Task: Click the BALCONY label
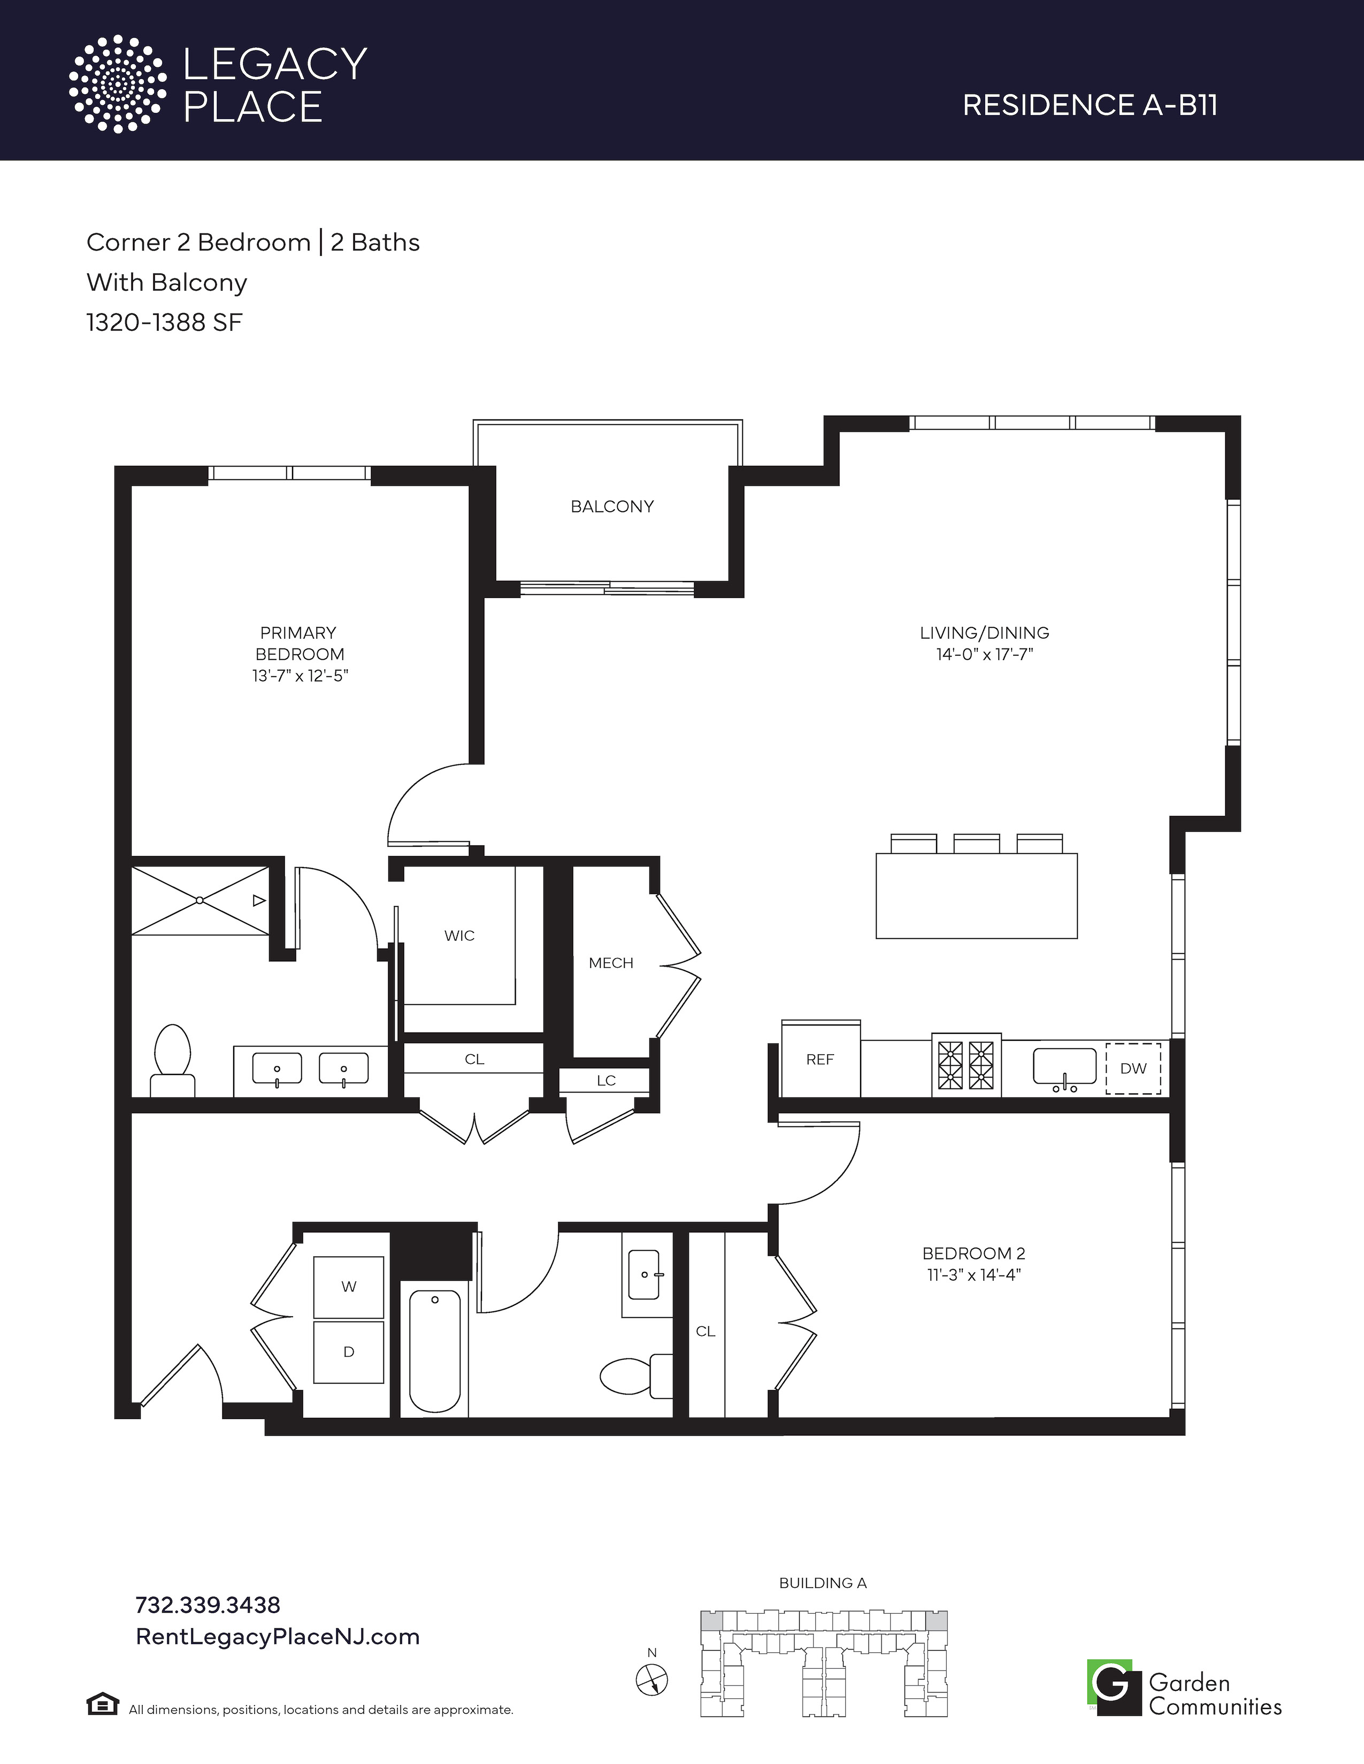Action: pyautogui.click(x=612, y=506)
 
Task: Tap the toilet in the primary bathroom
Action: pyautogui.click(x=172, y=1061)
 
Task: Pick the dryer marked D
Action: pyautogui.click(x=348, y=1352)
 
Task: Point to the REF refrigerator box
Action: pyautogui.click(x=820, y=1059)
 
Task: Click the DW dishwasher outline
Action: pyautogui.click(x=1133, y=1068)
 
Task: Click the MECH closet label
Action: pyautogui.click(x=611, y=963)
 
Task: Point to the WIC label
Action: pyautogui.click(x=459, y=935)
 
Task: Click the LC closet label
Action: pyautogui.click(x=606, y=1081)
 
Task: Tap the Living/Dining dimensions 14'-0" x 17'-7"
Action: pyautogui.click(x=985, y=654)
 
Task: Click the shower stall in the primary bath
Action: pyautogui.click(x=200, y=901)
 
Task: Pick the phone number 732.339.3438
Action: pyautogui.click(x=208, y=1604)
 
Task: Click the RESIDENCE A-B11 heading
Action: pyautogui.click(x=1090, y=105)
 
